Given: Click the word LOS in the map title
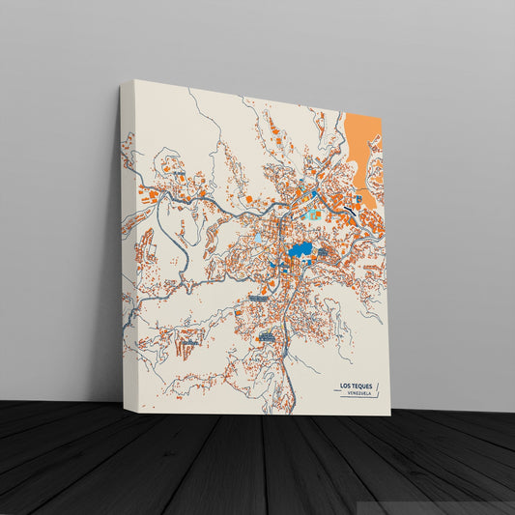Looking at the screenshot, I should click(x=344, y=386).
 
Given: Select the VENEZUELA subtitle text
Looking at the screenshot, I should click(x=355, y=393).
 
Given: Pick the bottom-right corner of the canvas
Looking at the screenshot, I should click(x=390, y=415).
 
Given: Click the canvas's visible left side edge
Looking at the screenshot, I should click(x=125, y=242).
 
